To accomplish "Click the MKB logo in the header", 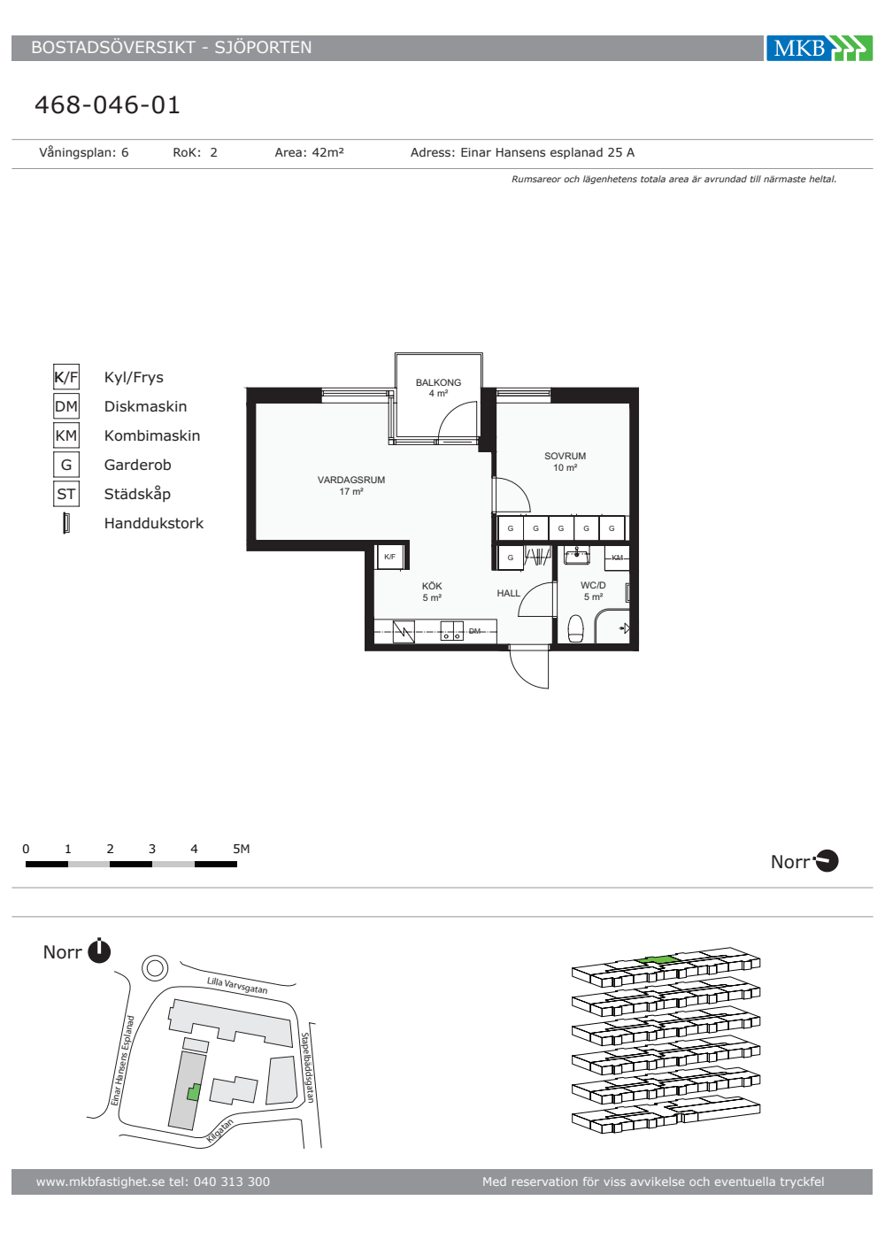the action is click(820, 48).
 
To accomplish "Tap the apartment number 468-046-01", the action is click(107, 105).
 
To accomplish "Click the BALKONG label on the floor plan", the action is click(438, 382).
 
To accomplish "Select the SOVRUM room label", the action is click(565, 456).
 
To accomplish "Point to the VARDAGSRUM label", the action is click(351, 480).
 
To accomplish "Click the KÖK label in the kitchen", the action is click(432, 585).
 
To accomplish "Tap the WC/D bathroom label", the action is click(593, 585).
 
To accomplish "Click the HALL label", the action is click(508, 593).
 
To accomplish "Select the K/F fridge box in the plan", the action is click(390, 557).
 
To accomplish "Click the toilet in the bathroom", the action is click(576, 629).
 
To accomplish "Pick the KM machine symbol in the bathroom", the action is click(618, 557).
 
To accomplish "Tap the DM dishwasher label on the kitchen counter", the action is click(474, 631).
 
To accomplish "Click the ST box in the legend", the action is click(66, 494).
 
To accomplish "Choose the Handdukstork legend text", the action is click(154, 523).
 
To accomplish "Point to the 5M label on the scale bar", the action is click(241, 849).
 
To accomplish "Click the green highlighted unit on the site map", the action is click(193, 1091).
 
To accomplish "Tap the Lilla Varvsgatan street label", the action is click(237, 985).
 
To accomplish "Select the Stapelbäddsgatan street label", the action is click(307, 1067).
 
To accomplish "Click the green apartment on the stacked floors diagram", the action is click(656, 959).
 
